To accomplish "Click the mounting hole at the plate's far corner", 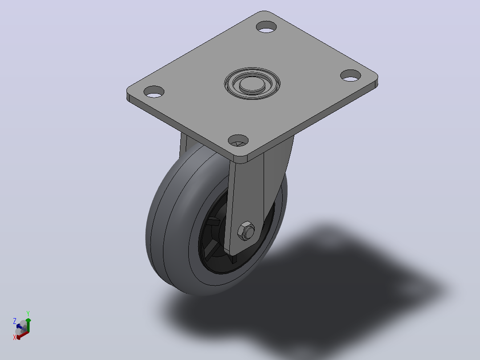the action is [x=266, y=27].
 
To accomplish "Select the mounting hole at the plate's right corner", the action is [x=350, y=75].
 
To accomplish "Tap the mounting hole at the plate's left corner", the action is [x=154, y=92].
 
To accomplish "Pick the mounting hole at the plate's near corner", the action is [x=238, y=141].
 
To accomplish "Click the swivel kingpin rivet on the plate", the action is [x=252, y=83].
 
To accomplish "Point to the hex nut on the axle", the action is [x=246, y=231].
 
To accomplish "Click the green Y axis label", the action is [x=28, y=313].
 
